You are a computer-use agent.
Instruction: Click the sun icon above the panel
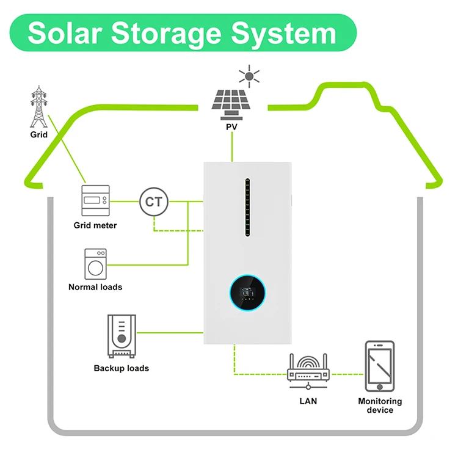pyautogui.click(x=249, y=76)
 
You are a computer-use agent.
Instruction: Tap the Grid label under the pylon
pyautogui.click(x=38, y=134)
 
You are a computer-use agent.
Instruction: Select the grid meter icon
pyautogui.click(x=95, y=200)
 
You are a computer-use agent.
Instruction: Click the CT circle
pyautogui.click(x=153, y=201)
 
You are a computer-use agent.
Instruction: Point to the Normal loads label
pyautogui.click(x=95, y=287)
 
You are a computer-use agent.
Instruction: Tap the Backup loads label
pyautogui.click(x=121, y=368)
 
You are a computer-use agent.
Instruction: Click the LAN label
pyautogui.click(x=308, y=401)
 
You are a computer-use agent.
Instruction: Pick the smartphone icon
pyautogui.click(x=380, y=366)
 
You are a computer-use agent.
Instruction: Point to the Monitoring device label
pyautogui.click(x=380, y=405)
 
